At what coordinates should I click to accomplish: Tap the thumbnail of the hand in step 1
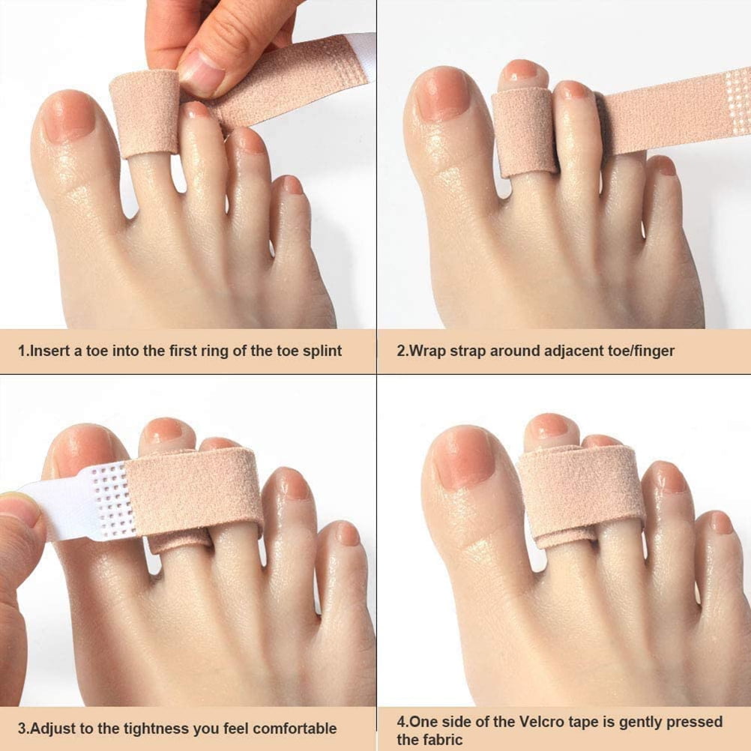click(x=199, y=73)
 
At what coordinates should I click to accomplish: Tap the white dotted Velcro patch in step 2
click(x=739, y=101)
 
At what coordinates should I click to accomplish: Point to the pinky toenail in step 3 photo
click(x=347, y=533)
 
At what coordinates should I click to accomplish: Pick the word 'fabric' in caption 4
click(x=441, y=740)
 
